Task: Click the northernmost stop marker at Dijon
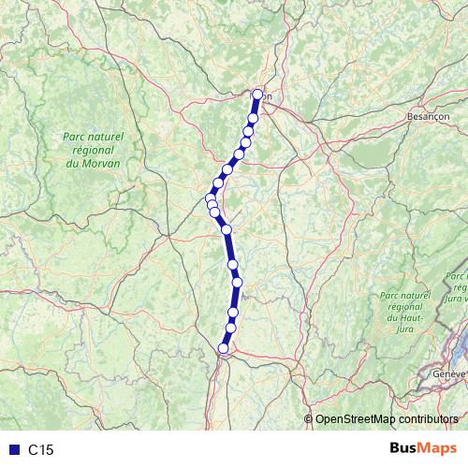coord(258,94)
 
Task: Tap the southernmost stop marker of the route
coord(223,348)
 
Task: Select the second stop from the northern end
coord(253,119)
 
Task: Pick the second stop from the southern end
coord(230,328)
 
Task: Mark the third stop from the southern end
coord(233,313)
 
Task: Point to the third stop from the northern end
coord(249,131)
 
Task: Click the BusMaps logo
coord(424,448)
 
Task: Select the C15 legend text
coord(41,450)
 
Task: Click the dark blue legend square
coord(13,450)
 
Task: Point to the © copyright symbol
coord(310,420)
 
